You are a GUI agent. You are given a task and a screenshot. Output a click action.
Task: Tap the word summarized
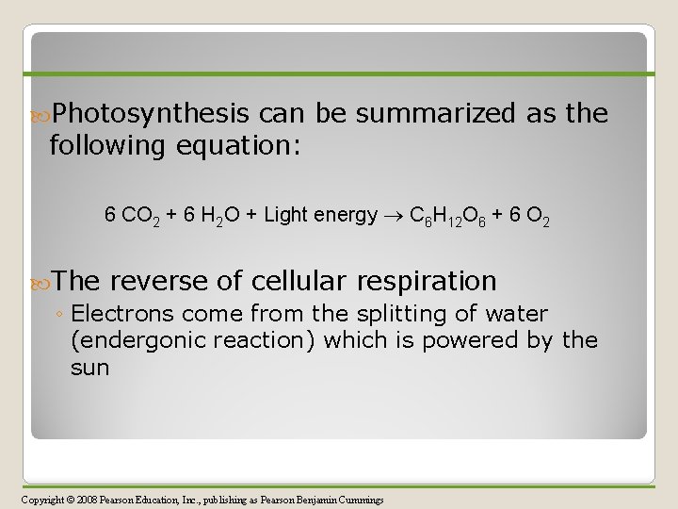tap(436, 115)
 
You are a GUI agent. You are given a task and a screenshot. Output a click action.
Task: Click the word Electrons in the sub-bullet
tap(118, 313)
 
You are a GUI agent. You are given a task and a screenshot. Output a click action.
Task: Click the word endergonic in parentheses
tap(137, 339)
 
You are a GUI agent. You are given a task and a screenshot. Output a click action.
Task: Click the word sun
tap(89, 366)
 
